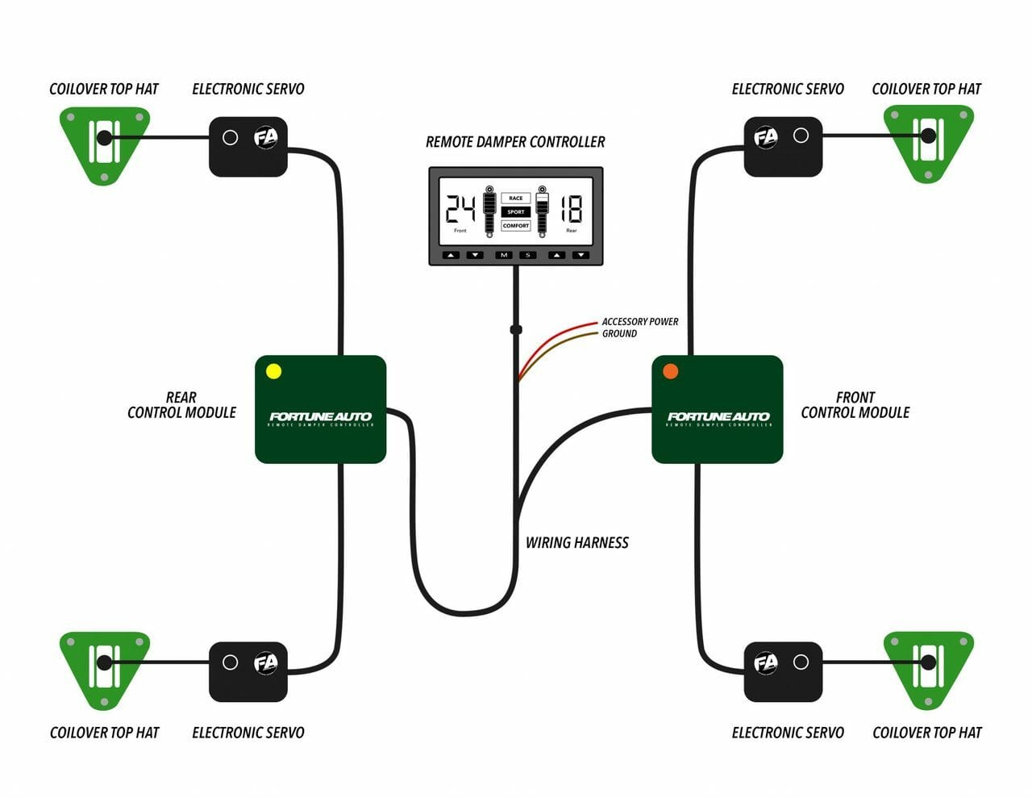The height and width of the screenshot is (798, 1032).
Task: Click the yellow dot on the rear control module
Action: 273,371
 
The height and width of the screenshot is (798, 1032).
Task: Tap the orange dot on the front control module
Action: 670,371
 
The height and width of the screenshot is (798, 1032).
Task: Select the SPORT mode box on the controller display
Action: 516,212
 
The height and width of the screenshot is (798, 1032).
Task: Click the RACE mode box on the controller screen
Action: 516,198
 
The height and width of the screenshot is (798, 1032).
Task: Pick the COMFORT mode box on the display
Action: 516,226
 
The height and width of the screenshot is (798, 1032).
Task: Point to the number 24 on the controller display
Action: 460,209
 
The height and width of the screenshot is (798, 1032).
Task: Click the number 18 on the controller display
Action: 571,209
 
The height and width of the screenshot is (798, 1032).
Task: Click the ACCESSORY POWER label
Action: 640,321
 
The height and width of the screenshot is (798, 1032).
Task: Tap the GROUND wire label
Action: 619,333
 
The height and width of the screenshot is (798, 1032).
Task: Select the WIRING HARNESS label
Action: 576,543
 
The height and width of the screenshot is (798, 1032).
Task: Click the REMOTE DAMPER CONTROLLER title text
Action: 515,142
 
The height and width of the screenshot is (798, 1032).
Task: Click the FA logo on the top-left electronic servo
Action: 265,137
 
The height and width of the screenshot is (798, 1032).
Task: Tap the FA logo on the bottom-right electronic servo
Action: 765,663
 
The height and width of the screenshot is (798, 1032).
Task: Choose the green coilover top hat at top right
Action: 928,140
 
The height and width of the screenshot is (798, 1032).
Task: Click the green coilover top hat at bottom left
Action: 104,666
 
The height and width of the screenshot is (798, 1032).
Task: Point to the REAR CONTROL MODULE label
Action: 181,405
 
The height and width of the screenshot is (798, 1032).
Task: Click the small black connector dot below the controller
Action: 516,329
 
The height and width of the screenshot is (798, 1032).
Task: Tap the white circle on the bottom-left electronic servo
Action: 230,662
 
